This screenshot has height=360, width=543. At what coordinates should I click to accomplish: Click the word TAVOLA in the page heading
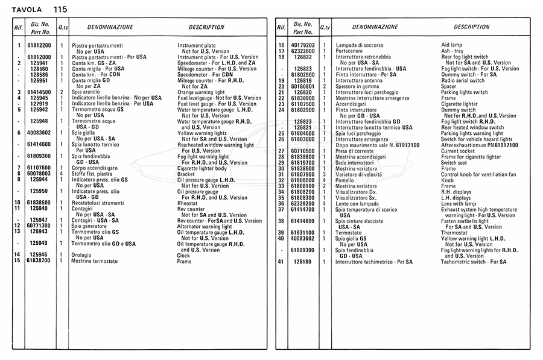click(27, 10)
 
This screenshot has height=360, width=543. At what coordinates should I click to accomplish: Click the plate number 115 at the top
click(60, 10)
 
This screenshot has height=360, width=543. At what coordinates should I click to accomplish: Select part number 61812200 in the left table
click(39, 45)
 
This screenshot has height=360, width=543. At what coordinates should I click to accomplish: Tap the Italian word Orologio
click(82, 256)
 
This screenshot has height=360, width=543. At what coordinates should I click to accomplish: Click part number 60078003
click(39, 174)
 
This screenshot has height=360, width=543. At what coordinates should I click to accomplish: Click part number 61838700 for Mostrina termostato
click(39, 261)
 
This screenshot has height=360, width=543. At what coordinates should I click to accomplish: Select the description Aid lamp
click(453, 45)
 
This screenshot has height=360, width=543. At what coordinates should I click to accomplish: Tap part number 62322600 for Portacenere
click(302, 51)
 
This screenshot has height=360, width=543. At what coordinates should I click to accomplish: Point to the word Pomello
click(345, 180)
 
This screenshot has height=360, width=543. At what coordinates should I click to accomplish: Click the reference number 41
click(281, 262)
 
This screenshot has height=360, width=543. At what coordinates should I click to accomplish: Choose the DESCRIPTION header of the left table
click(206, 27)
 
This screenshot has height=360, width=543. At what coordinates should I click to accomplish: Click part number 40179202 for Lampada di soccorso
click(302, 45)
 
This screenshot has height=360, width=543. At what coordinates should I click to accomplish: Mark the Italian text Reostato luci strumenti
click(98, 203)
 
